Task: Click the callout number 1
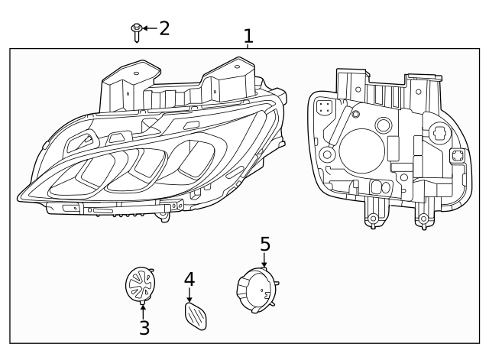click(x=248, y=36)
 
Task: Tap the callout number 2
click(x=164, y=28)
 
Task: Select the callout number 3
click(x=144, y=328)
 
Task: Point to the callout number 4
click(x=189, y=280)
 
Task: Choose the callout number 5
click(x=264, y=245)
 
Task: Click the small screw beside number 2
click(x=136, y=31)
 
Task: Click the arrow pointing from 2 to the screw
click(x=149, y=28)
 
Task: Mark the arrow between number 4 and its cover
click(x=189, y=295)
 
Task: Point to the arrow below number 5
click(x=264, y=261)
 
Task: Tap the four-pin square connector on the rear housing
click(x=324, y=108)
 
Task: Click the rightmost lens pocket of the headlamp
click(x=187, y=156)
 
